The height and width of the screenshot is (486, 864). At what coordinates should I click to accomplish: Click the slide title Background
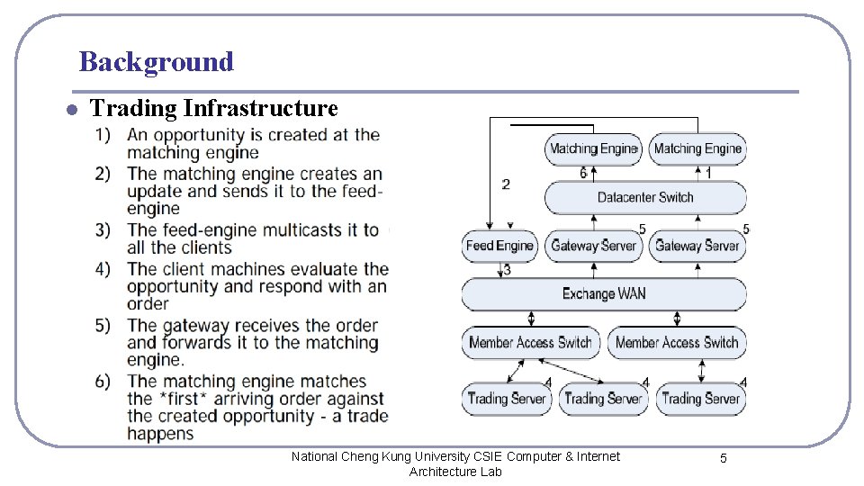point(156,62)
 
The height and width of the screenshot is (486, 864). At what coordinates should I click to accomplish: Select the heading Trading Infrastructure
point(214,109)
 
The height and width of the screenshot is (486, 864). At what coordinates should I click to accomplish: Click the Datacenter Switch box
point(644,197)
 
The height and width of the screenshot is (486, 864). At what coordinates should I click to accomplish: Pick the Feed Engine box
point(499,246)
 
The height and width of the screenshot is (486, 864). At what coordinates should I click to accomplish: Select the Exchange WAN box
point(603,293)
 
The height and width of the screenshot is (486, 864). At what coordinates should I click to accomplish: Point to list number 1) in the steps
point(103,135)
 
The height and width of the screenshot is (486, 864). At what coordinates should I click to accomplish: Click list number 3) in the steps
point(103,230)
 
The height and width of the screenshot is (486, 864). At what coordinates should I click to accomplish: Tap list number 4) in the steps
point(103,269)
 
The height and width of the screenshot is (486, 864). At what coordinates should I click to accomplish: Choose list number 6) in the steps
point(103,382)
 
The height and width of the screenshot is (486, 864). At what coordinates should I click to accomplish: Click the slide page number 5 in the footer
point(723,459)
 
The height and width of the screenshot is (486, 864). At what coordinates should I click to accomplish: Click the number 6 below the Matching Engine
point(583,173)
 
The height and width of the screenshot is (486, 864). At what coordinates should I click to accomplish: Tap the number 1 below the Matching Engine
point(708,173)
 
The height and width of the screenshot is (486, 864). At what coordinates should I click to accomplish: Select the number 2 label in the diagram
point(506,184)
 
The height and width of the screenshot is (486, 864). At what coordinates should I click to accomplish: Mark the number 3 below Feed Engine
point(507,269)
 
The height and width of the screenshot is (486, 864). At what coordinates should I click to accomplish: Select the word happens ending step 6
point(160,434)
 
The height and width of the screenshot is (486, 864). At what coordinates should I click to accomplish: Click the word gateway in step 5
point(193,326)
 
